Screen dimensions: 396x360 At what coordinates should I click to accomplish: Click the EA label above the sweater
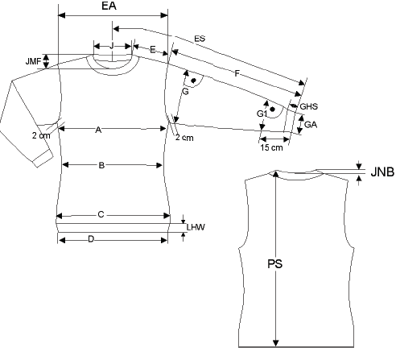109,6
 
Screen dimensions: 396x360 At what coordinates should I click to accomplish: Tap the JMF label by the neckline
33,61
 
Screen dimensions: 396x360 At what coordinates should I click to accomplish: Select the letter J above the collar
112,46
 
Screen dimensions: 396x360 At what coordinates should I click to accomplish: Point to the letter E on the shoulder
153,50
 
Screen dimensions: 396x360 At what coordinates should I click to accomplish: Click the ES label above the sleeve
200,39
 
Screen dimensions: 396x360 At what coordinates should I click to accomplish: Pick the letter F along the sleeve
237,73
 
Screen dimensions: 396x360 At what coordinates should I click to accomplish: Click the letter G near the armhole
185,92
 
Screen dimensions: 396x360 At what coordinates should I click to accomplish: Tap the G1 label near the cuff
262,114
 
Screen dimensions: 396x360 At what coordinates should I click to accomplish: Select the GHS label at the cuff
308,106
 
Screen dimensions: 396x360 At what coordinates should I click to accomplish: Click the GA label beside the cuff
311,125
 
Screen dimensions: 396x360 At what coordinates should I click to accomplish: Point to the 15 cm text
271,147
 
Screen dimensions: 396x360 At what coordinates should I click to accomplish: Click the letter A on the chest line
98,130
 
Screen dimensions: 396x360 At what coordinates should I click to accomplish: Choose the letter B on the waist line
101,165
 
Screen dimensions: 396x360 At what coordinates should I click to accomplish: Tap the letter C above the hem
101,215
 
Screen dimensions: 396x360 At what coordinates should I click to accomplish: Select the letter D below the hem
91,239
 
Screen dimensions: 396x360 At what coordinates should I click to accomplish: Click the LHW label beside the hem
196,227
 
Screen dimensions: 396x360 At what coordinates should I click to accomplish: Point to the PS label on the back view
275,264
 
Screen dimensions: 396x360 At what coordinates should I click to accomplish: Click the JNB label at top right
382,172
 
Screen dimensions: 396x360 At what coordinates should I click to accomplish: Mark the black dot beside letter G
193,81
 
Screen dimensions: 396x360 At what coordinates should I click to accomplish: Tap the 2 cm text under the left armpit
41,135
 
